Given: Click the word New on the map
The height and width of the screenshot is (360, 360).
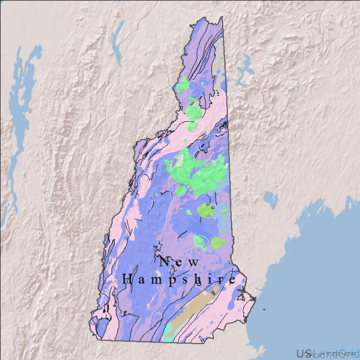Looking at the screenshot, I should point(179,261).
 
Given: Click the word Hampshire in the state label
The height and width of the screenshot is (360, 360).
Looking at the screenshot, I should point(179,280).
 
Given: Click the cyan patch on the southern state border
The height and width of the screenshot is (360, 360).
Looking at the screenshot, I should point(169,335).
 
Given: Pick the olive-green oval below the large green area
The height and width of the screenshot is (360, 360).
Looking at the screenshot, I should point(206,211).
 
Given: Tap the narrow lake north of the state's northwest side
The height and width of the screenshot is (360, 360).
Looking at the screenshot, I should point(118,39).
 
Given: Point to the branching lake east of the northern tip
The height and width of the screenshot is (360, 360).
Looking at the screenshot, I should point(245,69).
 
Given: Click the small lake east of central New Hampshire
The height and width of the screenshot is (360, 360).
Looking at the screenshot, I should point(271,198).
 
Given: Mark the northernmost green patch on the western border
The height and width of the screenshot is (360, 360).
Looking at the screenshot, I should point(183,84).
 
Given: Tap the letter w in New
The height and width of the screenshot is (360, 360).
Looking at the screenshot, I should point(193,262).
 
